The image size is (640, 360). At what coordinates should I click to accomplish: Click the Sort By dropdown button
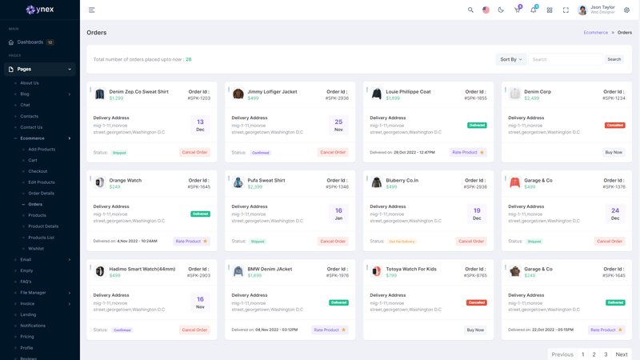point(510,59)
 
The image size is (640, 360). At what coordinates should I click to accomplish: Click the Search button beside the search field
point(614,59)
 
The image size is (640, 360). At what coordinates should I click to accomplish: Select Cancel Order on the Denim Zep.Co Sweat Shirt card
point(194,152)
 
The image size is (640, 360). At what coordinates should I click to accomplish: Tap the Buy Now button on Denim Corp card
point(614,152)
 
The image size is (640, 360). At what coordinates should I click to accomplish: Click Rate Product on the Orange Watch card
point(191,241)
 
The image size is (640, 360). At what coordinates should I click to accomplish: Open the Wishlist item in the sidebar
point(36,249)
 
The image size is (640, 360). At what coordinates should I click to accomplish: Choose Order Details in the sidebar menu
point(42,193)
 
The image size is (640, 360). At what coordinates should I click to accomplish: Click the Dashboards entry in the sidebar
point(30,42)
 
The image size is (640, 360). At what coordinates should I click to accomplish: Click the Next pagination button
point(622,354)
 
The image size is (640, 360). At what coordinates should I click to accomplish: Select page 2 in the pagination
point(594,354)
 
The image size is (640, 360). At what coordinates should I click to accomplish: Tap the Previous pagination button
point(562,354)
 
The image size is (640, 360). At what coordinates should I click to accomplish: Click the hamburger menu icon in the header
point(92,10)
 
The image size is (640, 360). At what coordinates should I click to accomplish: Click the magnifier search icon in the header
point(470,10)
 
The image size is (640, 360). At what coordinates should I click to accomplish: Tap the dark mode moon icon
point(502,10)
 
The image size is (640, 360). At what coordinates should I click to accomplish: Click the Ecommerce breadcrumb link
point(596,33)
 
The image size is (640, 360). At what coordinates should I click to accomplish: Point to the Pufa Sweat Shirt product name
point(266,181)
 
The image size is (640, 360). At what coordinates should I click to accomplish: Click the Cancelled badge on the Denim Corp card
point(615,126)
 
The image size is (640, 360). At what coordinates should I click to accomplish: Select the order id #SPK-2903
point(199,275)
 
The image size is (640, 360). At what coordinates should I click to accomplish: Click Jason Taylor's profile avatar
point(582,10)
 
